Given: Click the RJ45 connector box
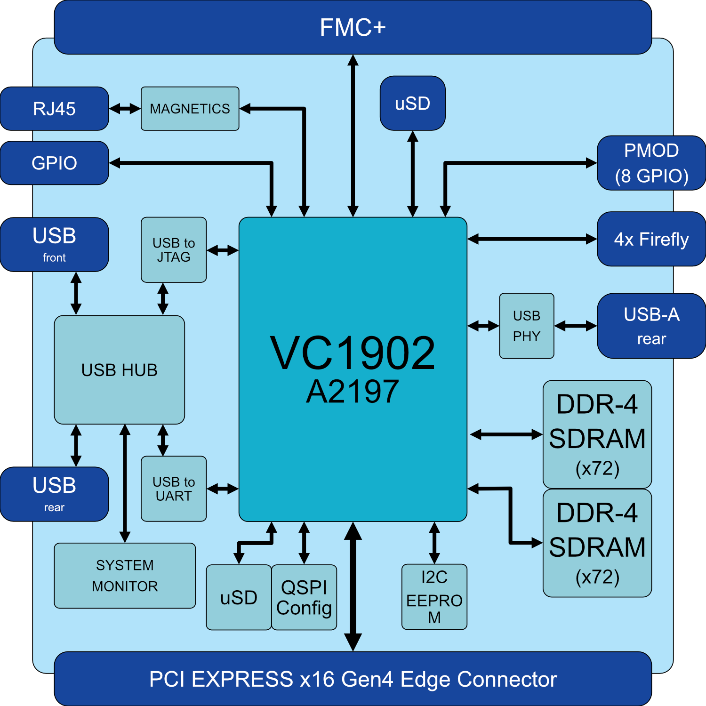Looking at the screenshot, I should [55, 109].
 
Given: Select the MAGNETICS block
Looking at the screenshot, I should [190, 109].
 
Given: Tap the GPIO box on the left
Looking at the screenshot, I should [55, 163].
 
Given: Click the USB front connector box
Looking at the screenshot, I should [55, 244].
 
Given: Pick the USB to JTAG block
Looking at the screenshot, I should [174, 250].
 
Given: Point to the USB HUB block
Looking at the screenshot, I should [119, 370].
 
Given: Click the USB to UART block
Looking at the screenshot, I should [174, 489].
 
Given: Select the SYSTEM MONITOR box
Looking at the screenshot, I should [125, 576].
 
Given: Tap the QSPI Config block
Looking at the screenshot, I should [304, 597].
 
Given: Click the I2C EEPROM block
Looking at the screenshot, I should [434, 597].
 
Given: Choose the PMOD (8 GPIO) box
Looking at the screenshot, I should [651, 163].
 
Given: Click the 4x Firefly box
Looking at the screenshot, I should [651, 239].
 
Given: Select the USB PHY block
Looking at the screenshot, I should [527, 326].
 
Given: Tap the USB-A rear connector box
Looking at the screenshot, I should [651, 326].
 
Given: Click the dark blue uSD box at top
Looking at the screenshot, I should [412, 103].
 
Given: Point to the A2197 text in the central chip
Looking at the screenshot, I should [353, 392].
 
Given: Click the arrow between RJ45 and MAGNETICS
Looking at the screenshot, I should [125, 109].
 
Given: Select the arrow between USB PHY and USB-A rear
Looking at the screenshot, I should [576, 326].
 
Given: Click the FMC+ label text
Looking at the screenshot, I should [353, 27].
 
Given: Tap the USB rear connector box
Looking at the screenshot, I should [55, 494].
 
